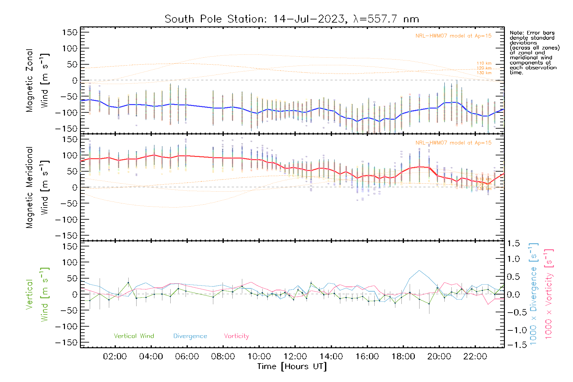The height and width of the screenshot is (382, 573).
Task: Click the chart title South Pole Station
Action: pyautogui.click(x=292, y=19)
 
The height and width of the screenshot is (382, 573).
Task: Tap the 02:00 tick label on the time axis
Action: pyautogui.click(x=115, y=357)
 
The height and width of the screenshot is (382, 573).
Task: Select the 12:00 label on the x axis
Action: pyautogui.click(x=295, y=357)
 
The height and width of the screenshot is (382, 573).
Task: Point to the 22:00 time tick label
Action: pyautogui.click(x=475, y=357)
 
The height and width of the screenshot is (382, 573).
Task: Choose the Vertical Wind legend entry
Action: pyautogui.click(x=134, y=336)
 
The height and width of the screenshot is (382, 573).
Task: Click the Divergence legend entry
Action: pyautogui.click(x=190, y=336)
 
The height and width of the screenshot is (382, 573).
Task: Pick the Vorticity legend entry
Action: pyautogui.click(x=236, y=336)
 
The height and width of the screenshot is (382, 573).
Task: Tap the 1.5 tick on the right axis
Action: pyautogui.click(x=513, y=244)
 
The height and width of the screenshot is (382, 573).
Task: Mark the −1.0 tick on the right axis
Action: pyautogui.click(x=513, y=330)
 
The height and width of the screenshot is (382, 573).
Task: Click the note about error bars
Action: pyautogui.click(x=534, y=53)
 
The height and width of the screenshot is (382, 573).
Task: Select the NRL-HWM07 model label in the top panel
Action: pyautogui.click(x=453, y=36)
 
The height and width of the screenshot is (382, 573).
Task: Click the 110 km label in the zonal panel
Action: pyautogui.click(x=484, y=63)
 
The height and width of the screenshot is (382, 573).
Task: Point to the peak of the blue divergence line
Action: pyautogui.click(x=419, y=271)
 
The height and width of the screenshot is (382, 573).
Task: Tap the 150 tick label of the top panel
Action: pyautogui.click(x=70, y=32)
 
